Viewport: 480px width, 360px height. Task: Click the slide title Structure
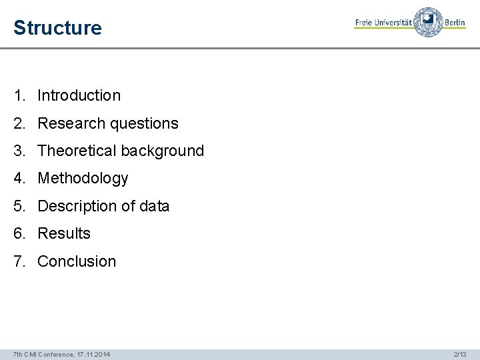pos(57,29)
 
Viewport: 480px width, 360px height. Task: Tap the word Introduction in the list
pos(79,95)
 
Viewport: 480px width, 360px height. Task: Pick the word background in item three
pos(162,151)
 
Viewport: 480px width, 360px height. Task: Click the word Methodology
pos(83,179)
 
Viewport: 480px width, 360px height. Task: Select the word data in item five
pos(154,206)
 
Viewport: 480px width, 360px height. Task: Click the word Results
pos(64,233)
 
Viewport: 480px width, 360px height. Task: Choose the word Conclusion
pos(77,261)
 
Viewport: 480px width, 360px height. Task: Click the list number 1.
pos(18,95)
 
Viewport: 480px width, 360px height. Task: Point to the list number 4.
pos(18,179)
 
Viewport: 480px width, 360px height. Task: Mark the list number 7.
pos(18,261)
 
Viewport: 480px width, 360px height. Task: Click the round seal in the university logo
pos(428,22)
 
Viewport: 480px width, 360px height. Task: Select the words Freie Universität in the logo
pos(383,23)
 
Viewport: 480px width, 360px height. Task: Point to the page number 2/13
pos(459,354)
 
